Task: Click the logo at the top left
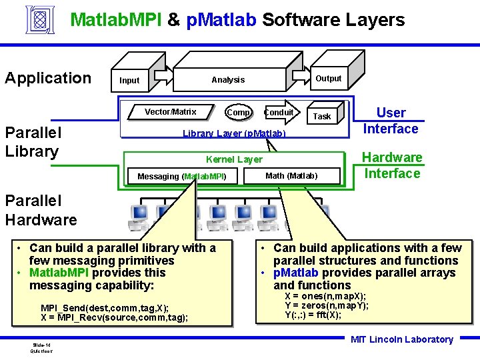(x=41, y=20)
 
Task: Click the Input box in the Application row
(x=129, y=81)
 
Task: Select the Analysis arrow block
(x=228, y=80)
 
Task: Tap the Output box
(x=328, y=79)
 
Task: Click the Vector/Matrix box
(x=171, y=112)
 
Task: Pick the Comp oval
(x=238, y=113)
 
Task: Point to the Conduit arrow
(x=279, y=113)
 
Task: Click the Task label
(x=322, y=116)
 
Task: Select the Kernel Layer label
(x=234, y=159)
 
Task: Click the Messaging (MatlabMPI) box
(x=182, y=177)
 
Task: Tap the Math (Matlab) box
(x=291, y=176)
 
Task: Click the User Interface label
(x=391, y=121)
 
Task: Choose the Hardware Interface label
(x=392, y=165)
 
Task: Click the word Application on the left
(x=48, y=78)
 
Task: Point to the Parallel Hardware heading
(x=41, y=210)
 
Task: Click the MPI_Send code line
(x=105, y=308)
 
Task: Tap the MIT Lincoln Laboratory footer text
(x=402, y=339)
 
